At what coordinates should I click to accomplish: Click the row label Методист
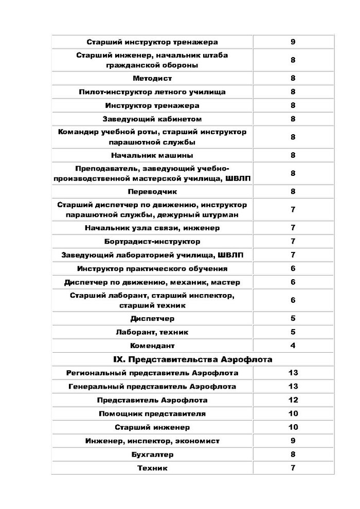(x=152, y=79)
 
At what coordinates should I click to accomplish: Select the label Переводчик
(x=152, y=192)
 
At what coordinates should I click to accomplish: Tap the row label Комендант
(x=152, y=346)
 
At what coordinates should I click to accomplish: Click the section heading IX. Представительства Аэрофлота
(x=193, y=359)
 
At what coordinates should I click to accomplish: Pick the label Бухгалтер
(x=152, y=455)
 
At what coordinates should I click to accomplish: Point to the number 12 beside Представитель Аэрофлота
(x=293, y=400)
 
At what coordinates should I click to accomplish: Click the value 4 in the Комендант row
(x=293, y=346)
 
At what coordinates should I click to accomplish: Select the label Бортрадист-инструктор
(x=152, y=242)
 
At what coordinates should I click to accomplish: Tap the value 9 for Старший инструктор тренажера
(x=293, y=42)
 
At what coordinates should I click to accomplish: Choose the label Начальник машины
(x=152, y=155)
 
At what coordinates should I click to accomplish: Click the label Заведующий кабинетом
(x=152, y=119)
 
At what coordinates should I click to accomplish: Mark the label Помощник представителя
(x=152, y=413)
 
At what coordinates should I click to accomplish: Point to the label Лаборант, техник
(x=152, y=332)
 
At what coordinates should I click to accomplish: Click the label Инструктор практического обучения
(x=152, y=269)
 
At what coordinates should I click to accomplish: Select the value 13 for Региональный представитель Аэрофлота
(x=293, y=373)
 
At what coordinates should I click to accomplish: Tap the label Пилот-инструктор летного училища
(x=152, y=92)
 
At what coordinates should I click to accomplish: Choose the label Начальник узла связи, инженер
(x=152, y=228)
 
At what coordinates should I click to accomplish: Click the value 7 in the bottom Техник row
(x=293, y=468)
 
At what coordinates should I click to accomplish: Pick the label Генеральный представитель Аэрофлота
(x=152, y=386)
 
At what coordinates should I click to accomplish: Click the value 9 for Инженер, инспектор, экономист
(x=293, y=441)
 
